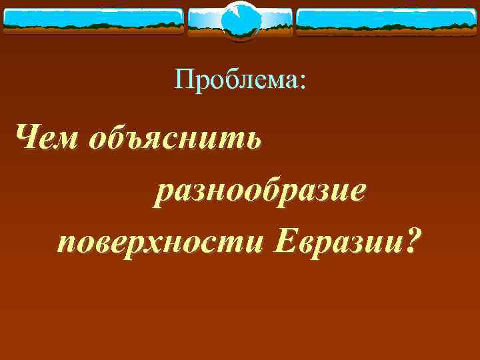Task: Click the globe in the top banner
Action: click(x=240, y=21)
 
